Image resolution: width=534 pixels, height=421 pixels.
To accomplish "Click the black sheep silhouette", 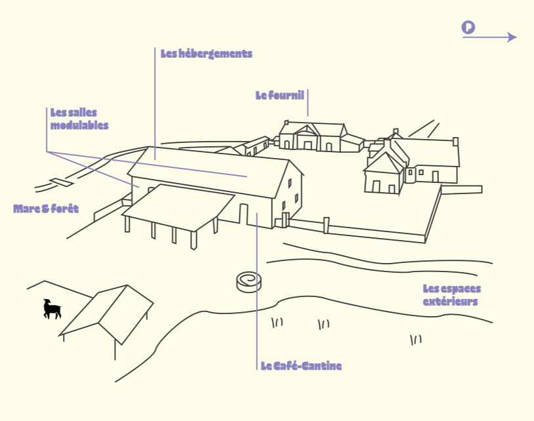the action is coord(52,309).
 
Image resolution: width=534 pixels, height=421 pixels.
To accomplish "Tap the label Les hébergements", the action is coord(207,54).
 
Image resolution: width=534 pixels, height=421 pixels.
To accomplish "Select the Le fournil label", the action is coord(279,95).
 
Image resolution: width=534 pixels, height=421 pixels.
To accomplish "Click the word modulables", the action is coord(79,125).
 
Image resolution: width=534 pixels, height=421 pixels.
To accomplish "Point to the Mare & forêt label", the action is coord(46,209).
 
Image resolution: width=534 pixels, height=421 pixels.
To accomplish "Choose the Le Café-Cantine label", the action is coord(301,366).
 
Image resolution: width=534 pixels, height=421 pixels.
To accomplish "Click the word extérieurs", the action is coord(450,302).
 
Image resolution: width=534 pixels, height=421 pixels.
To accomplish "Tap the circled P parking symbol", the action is coord(468,28).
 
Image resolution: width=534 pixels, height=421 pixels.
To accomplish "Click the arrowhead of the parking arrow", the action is coord(512,37).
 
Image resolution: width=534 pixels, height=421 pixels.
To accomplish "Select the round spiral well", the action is coord(249,282).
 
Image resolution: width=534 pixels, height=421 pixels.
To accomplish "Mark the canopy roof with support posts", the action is coord(178,208).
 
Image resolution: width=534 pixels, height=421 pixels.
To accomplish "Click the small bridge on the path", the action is coord(61,182).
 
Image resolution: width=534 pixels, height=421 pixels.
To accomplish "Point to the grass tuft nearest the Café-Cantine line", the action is coord(277,322).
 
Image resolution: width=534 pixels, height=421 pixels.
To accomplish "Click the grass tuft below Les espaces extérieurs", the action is coord(416,340).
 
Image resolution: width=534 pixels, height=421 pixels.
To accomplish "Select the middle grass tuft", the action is coord(323,325).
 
